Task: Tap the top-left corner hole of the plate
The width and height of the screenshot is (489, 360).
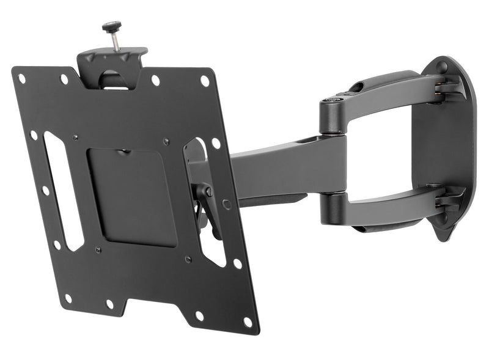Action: coord(22,79)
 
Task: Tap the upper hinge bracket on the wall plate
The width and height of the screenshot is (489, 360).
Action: coord(447,85)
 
